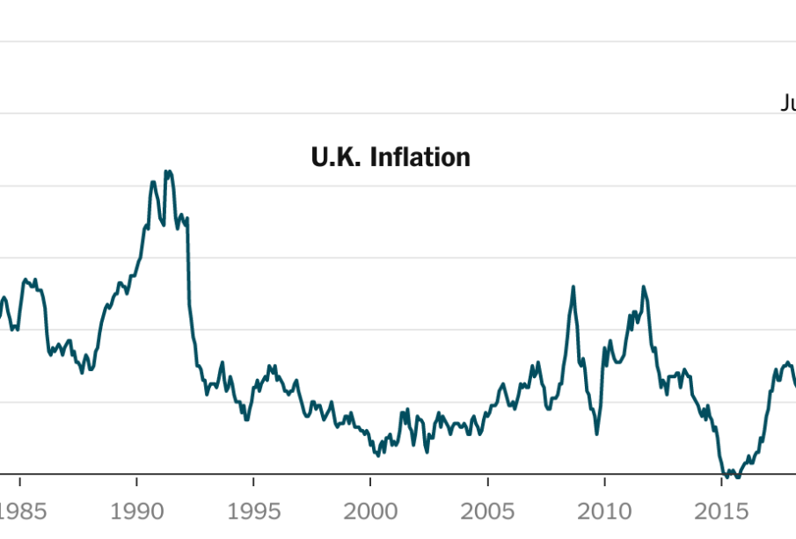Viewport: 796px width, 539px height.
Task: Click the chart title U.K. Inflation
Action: (391, 157)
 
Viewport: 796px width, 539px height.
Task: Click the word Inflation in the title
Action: (420, 157)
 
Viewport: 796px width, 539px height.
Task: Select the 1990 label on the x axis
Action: (136, 511)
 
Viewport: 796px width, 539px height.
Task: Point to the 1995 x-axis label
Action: (253, 511)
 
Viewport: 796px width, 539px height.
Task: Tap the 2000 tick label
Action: (370, 511)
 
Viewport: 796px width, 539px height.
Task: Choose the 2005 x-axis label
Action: (487, 511)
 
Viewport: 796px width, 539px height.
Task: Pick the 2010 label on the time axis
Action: (604, 511)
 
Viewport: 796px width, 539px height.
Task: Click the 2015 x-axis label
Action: (721, 511)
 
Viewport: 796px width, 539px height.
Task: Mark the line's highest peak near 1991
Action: (168, 172)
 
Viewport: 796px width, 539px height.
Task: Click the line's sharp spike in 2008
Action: (573, 287)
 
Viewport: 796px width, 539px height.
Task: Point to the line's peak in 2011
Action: (644, 287)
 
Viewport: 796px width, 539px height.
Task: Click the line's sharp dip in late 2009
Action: (597, 433)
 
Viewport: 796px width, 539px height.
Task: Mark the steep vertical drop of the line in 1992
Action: (188, 264)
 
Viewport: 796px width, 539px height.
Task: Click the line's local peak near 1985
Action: (26, 280)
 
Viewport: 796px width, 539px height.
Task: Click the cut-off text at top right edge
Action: (788, 104)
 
